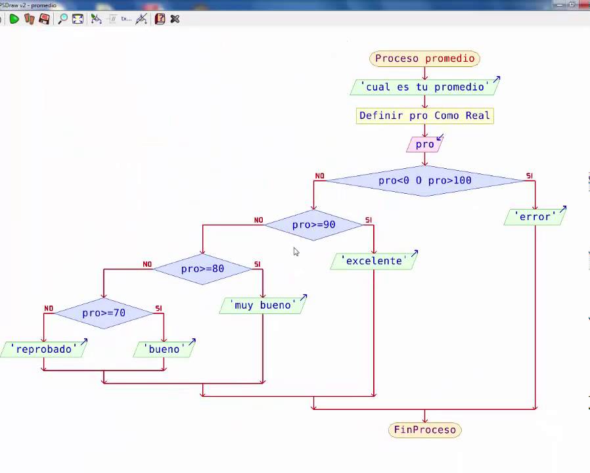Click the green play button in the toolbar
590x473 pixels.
tap(14, 19)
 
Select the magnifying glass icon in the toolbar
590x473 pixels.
tap(62, 19)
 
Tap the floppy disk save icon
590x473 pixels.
tap(44, 19)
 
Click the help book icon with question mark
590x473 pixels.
tap(160, 19)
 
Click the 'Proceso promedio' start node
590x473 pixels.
tap(424, 58)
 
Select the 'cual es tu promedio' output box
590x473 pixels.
tap(424, 87)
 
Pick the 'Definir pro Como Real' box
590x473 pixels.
tap(424, 116)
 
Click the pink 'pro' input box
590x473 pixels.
tap(424, 145)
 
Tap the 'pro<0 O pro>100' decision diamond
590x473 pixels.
tap(424, 181)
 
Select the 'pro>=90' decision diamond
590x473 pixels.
tap(313, 225)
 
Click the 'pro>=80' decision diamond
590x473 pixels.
tap(202, 269)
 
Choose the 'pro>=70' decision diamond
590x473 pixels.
tap(103, 313)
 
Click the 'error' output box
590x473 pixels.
tap(534, 217)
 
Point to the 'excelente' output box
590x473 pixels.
tap(374, 261)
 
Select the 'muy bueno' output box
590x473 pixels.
tap(263, 305)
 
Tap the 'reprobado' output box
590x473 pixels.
tap(43, 349)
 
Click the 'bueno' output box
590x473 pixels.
tap(164, 349)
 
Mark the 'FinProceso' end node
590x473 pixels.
tap(424, 430)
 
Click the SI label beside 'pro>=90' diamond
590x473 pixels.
tap(369, 220)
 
